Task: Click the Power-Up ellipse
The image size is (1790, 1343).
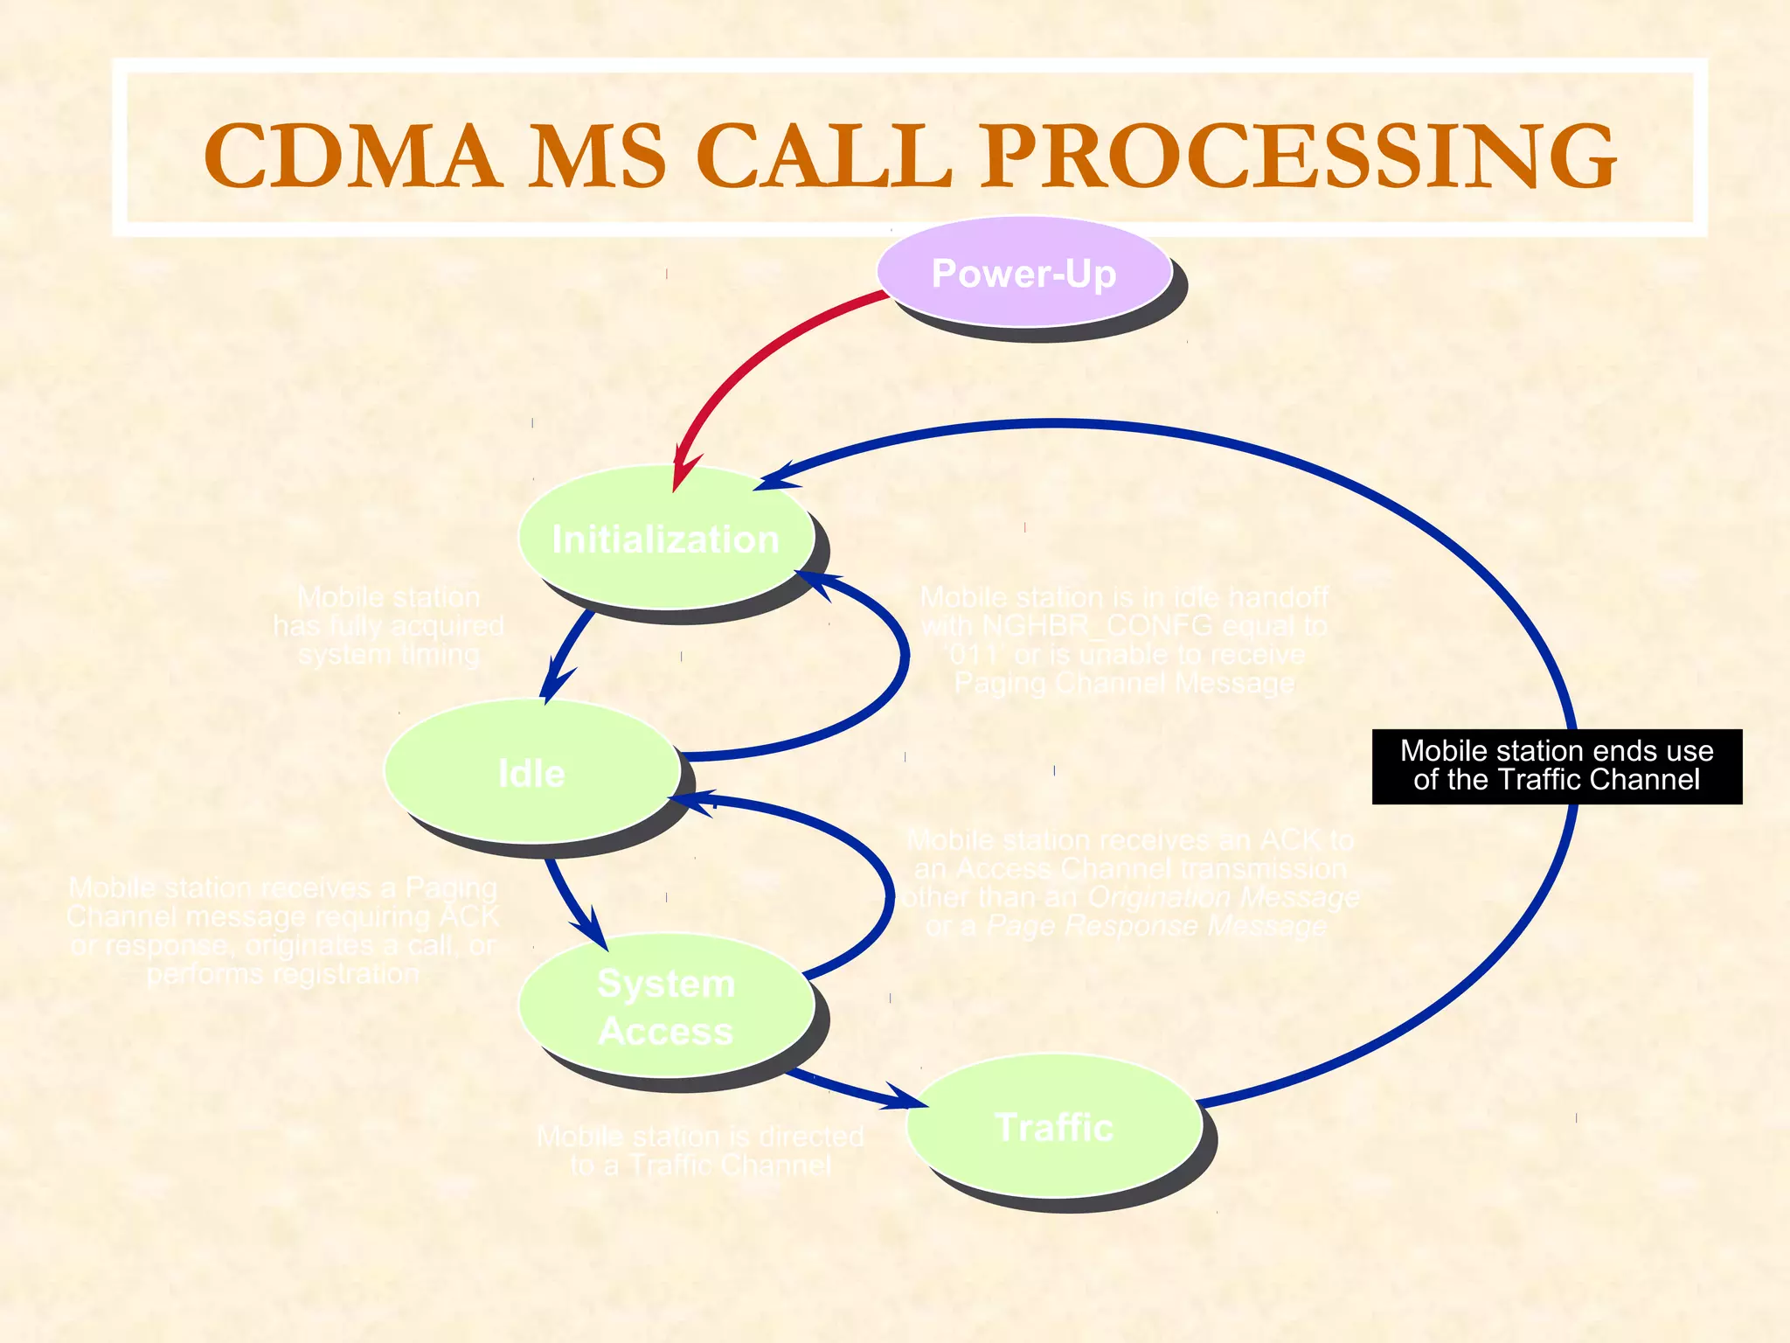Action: click(1023, 273)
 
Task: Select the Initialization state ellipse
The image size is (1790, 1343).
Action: click(665, 539)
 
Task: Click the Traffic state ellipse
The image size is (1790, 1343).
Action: click(1053, 1127)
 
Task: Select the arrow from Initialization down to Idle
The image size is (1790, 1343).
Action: click(565, 651)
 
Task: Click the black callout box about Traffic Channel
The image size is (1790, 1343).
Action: click(1557, 766)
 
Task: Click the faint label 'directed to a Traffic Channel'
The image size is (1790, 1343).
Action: click(700, 1151)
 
